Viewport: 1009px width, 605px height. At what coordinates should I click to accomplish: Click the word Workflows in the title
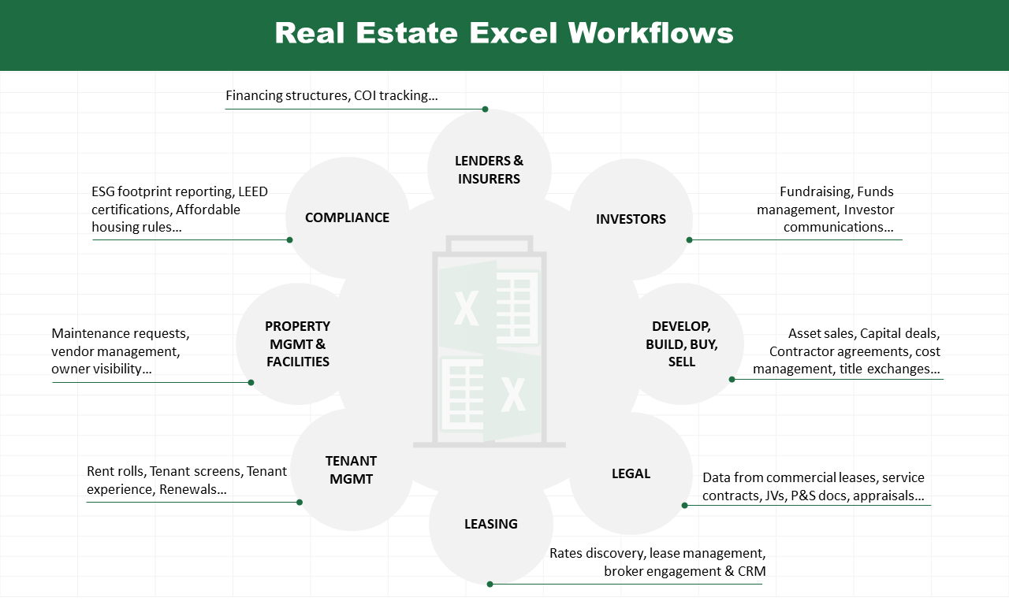click(650, 33)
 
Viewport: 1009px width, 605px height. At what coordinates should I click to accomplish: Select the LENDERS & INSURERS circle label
click(490, 169)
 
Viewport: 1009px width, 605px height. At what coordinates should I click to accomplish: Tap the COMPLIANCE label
click(347, 217)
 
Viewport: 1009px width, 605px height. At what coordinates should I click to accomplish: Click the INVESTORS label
click(631, 219)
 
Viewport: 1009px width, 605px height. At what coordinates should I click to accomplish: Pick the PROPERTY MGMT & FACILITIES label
click(297, 344)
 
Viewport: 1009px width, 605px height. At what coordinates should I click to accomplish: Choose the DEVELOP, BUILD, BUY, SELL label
click(682, 344)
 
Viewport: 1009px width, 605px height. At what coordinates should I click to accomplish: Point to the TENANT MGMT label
click(351, 470)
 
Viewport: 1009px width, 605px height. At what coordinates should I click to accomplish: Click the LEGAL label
click(631, 473)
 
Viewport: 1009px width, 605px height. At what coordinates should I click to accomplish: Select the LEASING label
click(491, 524)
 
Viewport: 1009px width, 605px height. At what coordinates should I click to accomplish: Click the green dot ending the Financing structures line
click(485, 109)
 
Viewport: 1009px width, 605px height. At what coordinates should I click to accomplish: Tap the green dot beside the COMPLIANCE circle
click(289, 240)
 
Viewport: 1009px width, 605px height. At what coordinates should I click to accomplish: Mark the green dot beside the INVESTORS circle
click(689, 240)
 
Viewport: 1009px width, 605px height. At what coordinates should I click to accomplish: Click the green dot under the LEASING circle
click(490, 585)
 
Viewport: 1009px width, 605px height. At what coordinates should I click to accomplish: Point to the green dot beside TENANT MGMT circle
click(300, 503)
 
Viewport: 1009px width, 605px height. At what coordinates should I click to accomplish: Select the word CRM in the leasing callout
click(752, 571)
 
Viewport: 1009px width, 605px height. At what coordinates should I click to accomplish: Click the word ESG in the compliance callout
click(102, 191)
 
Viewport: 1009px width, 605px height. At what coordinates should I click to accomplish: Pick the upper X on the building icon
click(466, 308)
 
